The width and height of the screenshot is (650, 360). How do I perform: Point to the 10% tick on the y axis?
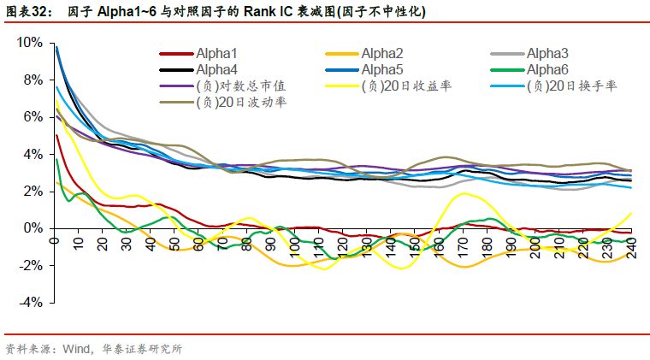tap(29, 43)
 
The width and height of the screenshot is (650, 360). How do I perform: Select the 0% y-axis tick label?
tap(32, 228)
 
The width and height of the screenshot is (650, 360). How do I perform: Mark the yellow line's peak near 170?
tap(463, 194)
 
